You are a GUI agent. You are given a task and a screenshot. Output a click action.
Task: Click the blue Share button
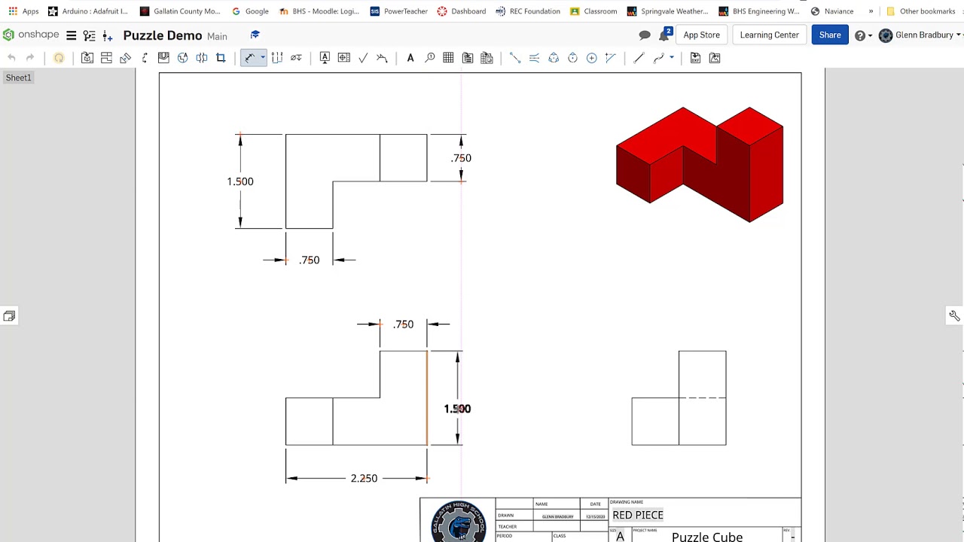pyautogui.click(x=829, y=35)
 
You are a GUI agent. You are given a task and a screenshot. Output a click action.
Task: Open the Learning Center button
pyautogui.click(x=769, y=35)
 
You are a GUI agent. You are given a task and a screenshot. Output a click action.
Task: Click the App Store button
pyautogui.click(x=701, y=35)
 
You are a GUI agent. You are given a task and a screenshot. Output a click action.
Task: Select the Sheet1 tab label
pyautogui.click(x=19, y=78)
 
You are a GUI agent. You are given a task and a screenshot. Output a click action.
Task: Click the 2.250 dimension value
pyautogui.click(x=364, y=478)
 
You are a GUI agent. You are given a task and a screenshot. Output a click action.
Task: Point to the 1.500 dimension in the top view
pyautogui.click(x=240, y=181)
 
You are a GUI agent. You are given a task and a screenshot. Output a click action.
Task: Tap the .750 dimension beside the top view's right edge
pyautogui.click(x=461, y=158)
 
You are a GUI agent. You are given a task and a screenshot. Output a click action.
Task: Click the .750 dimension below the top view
pyautogui.click(x=309, y=260)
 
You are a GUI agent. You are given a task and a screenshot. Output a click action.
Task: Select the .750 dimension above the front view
pyautogui.click(x=403, y=324)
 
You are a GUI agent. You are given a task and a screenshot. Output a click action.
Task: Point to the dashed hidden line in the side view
pyautogui.click(x=702, y=397)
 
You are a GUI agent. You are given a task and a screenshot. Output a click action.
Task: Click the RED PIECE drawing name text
pyautogui.click(x=638, y=515)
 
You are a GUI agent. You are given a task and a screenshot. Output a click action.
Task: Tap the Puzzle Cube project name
pyautogui.click(x=706, y=536)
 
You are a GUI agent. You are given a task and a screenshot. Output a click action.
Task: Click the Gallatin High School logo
pyautogui.click(x=458, y=522)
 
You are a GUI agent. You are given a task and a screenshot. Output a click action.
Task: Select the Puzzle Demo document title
pyautogui.click(x=162, y=35)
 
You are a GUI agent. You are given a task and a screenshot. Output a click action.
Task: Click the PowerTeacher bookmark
pyautogui.click(x=399, y=11)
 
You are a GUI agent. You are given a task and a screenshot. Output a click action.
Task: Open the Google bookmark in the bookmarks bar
pyautogui.click(x=251, y=11)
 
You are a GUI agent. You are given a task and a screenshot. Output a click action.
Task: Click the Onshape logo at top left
pyautogui.click(x=30, y=35)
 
